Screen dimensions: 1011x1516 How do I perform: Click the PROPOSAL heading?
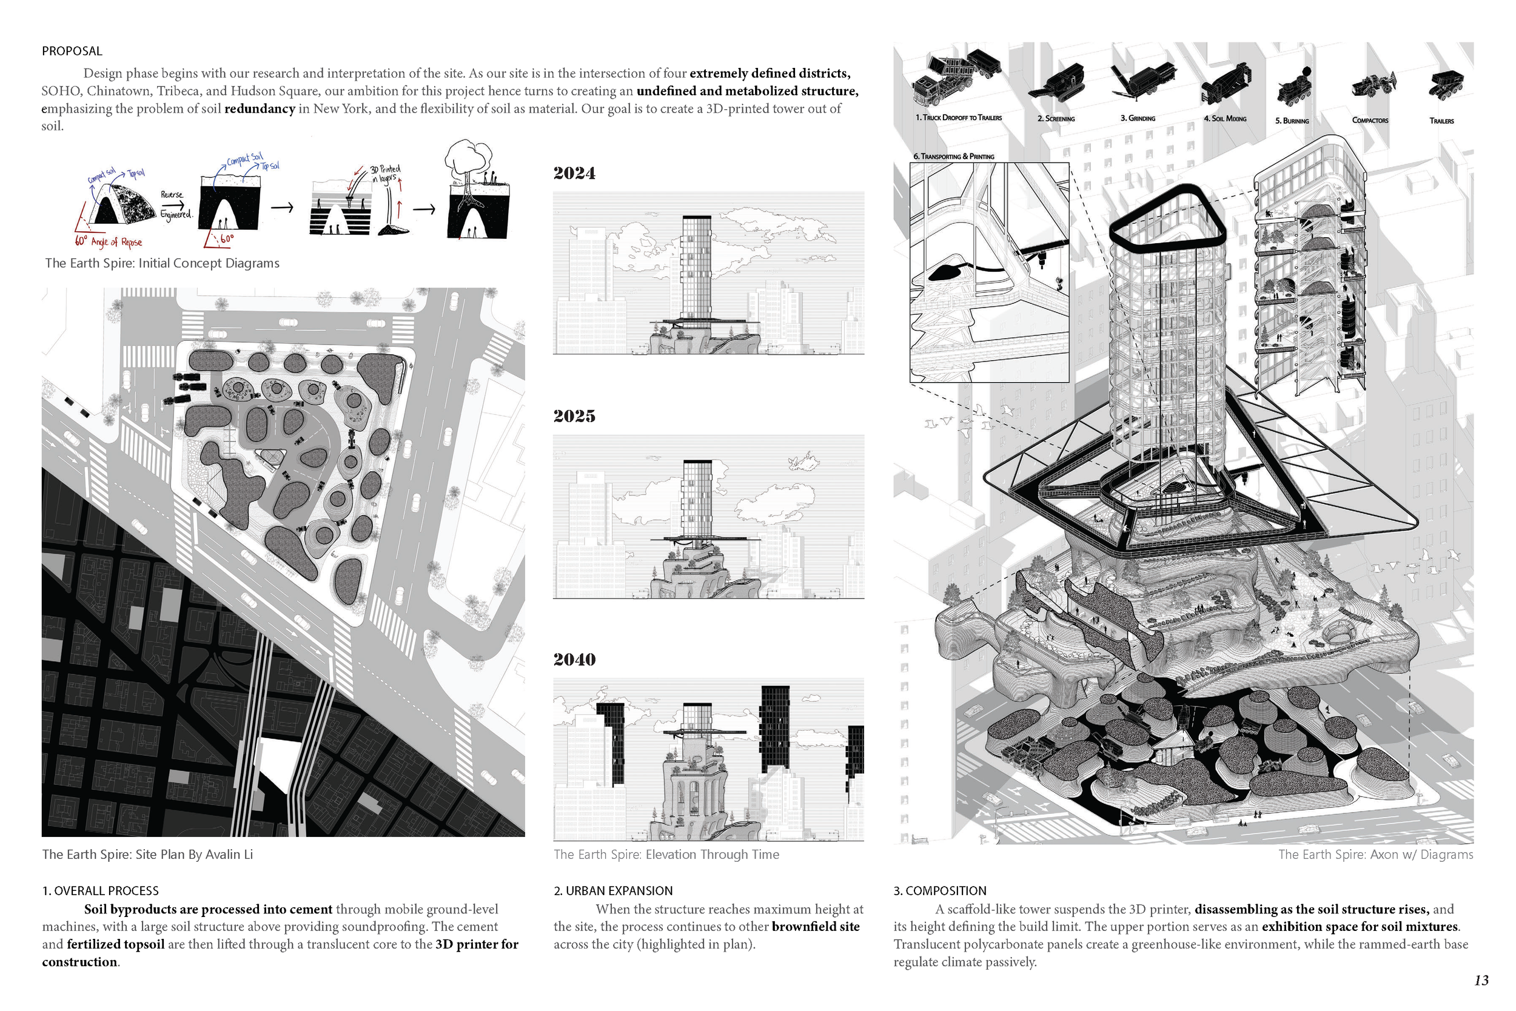(72, 51)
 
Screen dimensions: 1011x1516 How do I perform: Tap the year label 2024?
(574, 173)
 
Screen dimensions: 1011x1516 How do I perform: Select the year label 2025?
(574, 417)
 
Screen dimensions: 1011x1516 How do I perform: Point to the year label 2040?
(574, 660)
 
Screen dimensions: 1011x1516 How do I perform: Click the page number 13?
(1481, 980)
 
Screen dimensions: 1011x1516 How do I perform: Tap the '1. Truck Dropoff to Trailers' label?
(958, 118)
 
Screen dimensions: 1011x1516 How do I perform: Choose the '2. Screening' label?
(1056, 119)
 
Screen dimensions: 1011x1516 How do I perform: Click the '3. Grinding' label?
(1138, 119)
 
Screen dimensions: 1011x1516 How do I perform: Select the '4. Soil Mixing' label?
(1225, 119)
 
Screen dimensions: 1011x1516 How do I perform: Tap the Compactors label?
(1370, 121)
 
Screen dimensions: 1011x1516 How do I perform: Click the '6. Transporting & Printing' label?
(953, 156)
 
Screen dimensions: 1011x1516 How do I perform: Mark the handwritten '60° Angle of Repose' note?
(109, 242)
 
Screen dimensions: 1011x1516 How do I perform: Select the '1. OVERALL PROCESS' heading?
(101, 890)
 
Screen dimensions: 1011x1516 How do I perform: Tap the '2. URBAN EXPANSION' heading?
(612, 890)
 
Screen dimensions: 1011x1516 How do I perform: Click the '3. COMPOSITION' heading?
(939, 890)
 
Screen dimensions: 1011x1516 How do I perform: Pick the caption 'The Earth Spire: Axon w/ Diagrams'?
(1375, 855)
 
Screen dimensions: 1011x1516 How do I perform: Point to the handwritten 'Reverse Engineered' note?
(175, 205)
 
